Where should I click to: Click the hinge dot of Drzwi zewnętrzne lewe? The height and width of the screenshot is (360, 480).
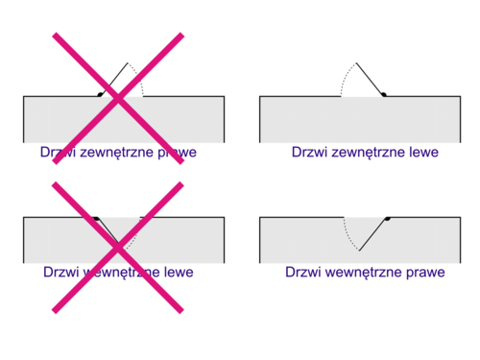pyautogui.click(x=384, y=94)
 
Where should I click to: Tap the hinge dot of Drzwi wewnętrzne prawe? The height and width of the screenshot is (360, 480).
pyautogui.click(x=388, y=219)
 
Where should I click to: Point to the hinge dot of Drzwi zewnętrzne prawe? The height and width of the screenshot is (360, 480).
pyautogui.click(x=100, y=94)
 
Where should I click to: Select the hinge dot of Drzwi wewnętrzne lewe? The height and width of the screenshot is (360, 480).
pyautogui.click(x=96, y=219)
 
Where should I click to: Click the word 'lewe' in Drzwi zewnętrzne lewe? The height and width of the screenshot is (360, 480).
pyautogui.click(x=424, y=152)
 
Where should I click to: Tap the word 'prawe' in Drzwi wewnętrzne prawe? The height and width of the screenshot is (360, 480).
pyautogui.click(x=425, y=273)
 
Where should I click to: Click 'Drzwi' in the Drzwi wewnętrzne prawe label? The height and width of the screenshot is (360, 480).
pyautogui.click(x=303, y=272)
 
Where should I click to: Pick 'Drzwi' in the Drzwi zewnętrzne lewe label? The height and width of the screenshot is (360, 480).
pyautogui.click(x=310, y=152)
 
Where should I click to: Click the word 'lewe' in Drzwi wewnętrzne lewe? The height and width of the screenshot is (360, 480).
pyautogui.click(x=179, y=272)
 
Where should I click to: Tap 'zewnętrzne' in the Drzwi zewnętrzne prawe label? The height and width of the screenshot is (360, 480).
pyautogui.click(x=117, y=153)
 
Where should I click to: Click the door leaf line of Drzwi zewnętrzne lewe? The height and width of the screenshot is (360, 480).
pyautogui.click(x=371, y=79)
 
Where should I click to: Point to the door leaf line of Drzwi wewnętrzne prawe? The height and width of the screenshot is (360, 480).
pyautogui.click(x=373, y=234)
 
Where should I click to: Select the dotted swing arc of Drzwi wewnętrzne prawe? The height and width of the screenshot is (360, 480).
pyautogui.click(x=348, y=236)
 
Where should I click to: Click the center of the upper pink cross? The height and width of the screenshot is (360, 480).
pyautogui.click(x=118, y=98)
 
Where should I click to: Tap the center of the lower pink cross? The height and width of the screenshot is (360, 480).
pyautogui.click(x=118, y=248)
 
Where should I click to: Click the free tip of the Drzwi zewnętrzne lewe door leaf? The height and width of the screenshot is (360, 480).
pyautogui.click(x=356, y=63)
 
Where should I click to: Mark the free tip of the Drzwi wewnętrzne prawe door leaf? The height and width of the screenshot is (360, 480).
pyautogui.click(x=359, y=251)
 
